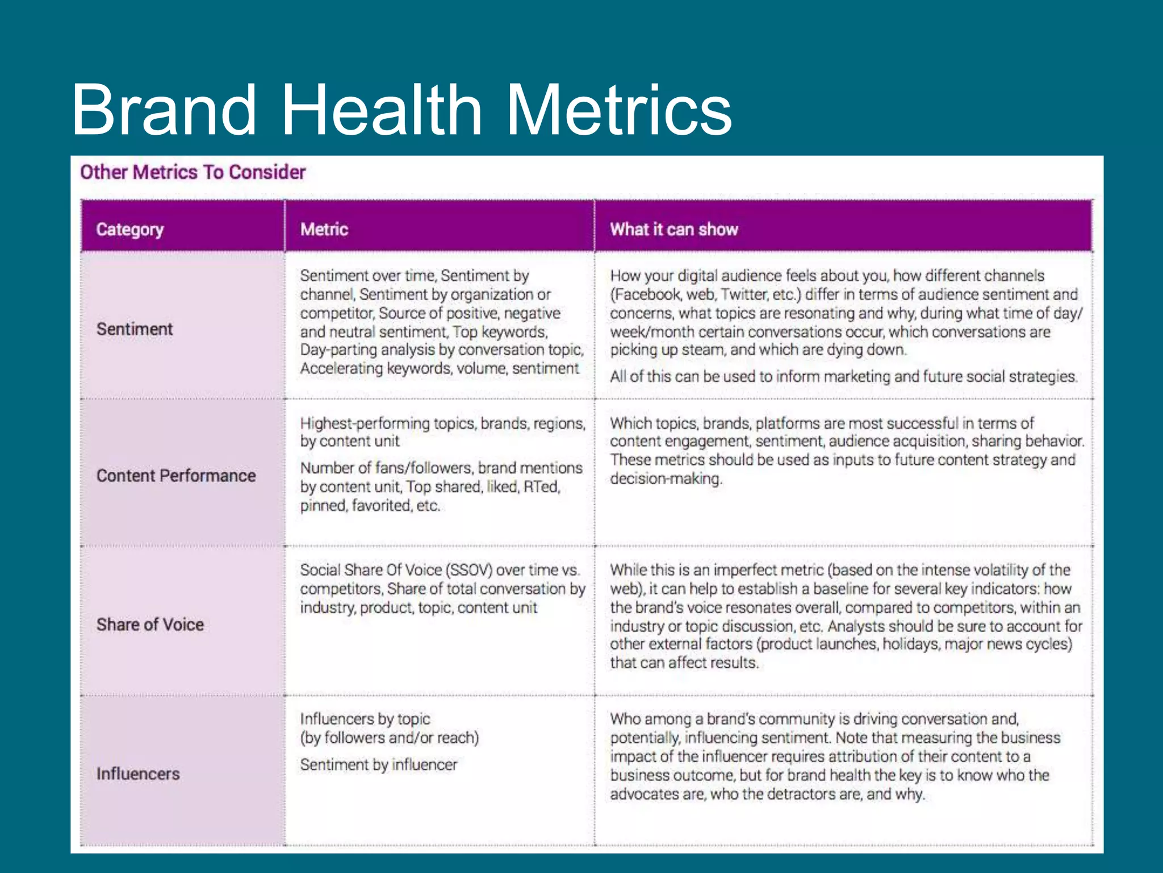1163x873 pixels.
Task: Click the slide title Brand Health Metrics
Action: pyautogui.click(x=401, y=110)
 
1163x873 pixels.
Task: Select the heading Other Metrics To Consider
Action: pyautogui.click(x=193, y=172)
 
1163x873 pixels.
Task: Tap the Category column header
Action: pyautogui.click(x=130, y=230)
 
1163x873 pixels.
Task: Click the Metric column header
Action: pyautogui.click(x=324, y=230)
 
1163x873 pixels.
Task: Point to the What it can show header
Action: pyautogui.click(x=674, y=230)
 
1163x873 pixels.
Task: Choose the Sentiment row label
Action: pyautogui.click(x=135, y=329)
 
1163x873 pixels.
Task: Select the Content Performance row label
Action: pyautogui.click(x=176, y=476)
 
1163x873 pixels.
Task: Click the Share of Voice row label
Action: pyautogui.click(x=150, y=625)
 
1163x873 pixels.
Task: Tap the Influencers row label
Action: pyautogui.click(x=138, y=774)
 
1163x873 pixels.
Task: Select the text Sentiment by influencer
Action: pyautogui.click(x=379, y=765)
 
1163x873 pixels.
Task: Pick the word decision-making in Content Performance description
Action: pyautogui.click(x=666, y=479)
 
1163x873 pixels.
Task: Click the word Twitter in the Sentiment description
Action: pyautogui.click(x=744, y=294)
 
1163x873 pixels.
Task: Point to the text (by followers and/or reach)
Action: pyautogui.click(x=390, y=738)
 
